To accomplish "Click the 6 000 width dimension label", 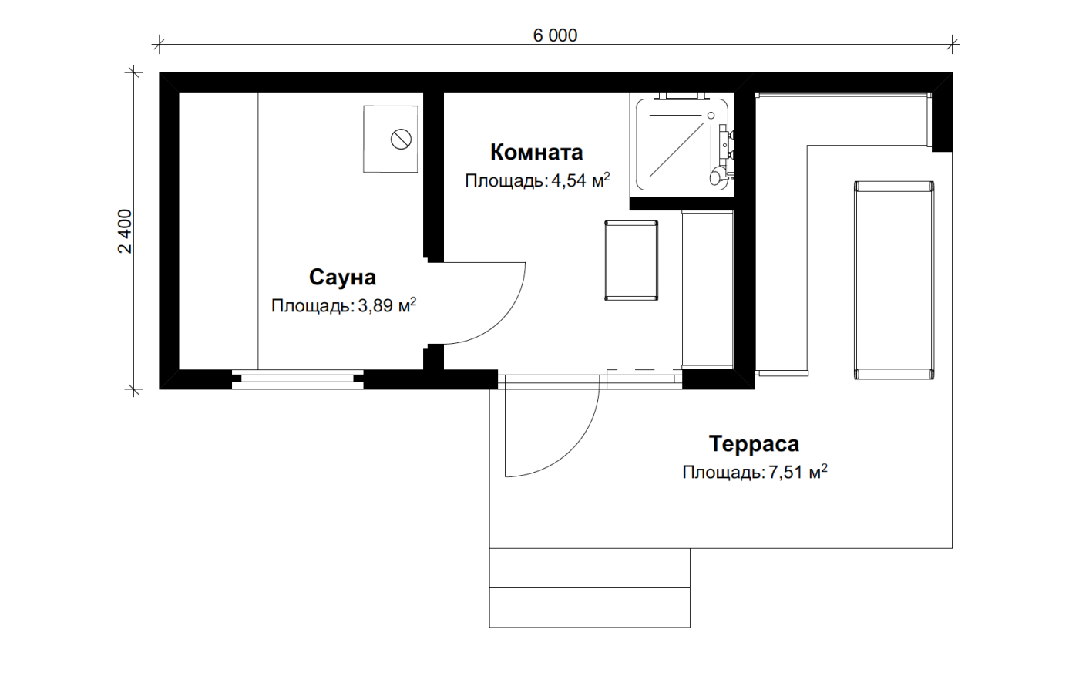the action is [555, 35].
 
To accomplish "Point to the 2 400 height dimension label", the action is [125, 231].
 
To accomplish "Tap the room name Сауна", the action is [342, 277].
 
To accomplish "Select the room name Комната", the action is [536, 152].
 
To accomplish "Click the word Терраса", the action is [754, 443].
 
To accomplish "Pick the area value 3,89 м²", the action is [387, 305].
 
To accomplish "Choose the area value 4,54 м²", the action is [580, 180].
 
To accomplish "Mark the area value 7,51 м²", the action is [798, 472].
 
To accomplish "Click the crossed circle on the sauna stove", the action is [401, 140].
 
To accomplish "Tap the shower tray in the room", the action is [682, 145].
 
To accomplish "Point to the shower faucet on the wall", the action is [724, 154].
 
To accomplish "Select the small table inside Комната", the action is [631, 261].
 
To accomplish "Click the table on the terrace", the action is [894, 280].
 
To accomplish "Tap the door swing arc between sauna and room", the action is [502, 321].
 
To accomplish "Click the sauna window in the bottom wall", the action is [297, 379].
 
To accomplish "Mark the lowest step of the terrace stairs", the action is [590, 608].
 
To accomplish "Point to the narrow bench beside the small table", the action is [708, 290].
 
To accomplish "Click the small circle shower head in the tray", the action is [711, 116].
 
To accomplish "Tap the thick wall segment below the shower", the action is [681, 204].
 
